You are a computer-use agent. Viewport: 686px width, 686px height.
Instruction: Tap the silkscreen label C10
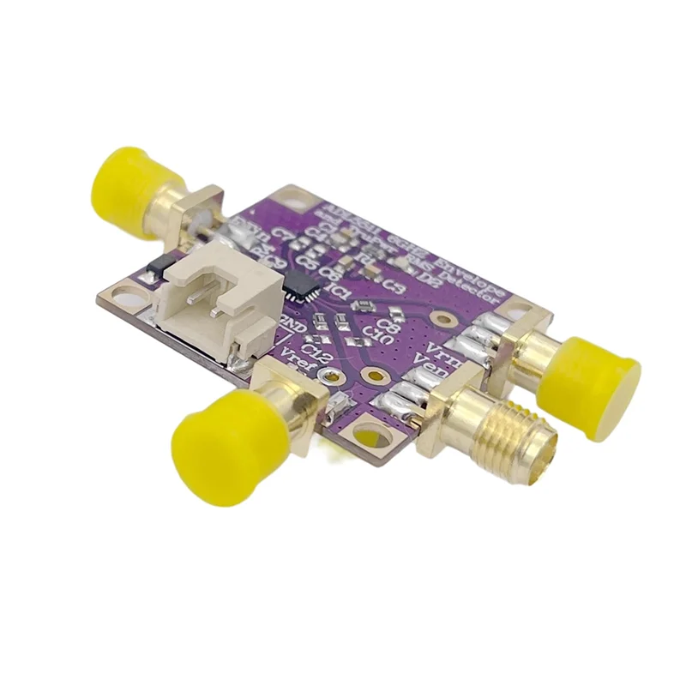pos(378,334)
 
